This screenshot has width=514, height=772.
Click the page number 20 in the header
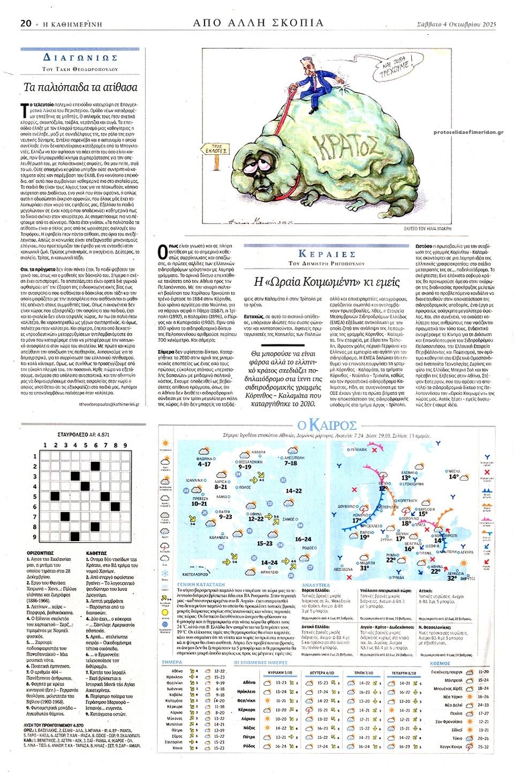(26, 23)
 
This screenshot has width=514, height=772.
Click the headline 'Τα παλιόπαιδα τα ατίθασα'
(80, 87)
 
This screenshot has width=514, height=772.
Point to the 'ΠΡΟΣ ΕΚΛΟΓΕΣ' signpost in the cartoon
(217, 149)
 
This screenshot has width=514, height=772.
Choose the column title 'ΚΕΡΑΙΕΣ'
(327, 254)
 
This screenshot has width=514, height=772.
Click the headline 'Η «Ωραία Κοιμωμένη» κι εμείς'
(327, 282)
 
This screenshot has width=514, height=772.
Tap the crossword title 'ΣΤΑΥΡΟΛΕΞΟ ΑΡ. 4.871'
(83, 434)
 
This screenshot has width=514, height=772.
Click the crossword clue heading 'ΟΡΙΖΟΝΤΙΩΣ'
(40, 553)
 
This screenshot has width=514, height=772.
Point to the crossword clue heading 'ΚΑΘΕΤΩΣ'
(96, 553)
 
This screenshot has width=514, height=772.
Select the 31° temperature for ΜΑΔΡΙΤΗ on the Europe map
(365, 568)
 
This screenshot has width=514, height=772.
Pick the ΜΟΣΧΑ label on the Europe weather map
(454, 471)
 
